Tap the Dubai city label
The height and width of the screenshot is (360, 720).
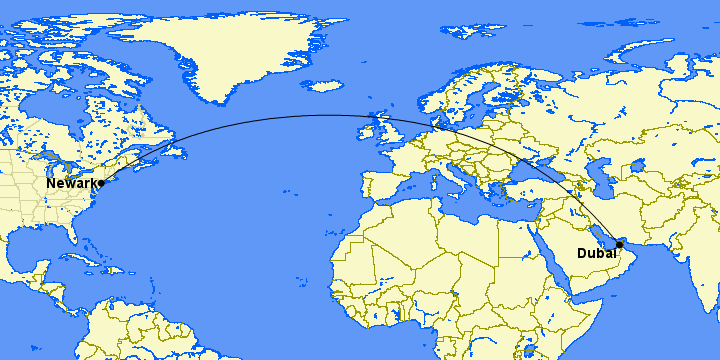click(596, 253)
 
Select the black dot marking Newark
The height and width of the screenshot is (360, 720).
click(101, 184)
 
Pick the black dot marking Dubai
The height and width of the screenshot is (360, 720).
click(620, 244)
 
